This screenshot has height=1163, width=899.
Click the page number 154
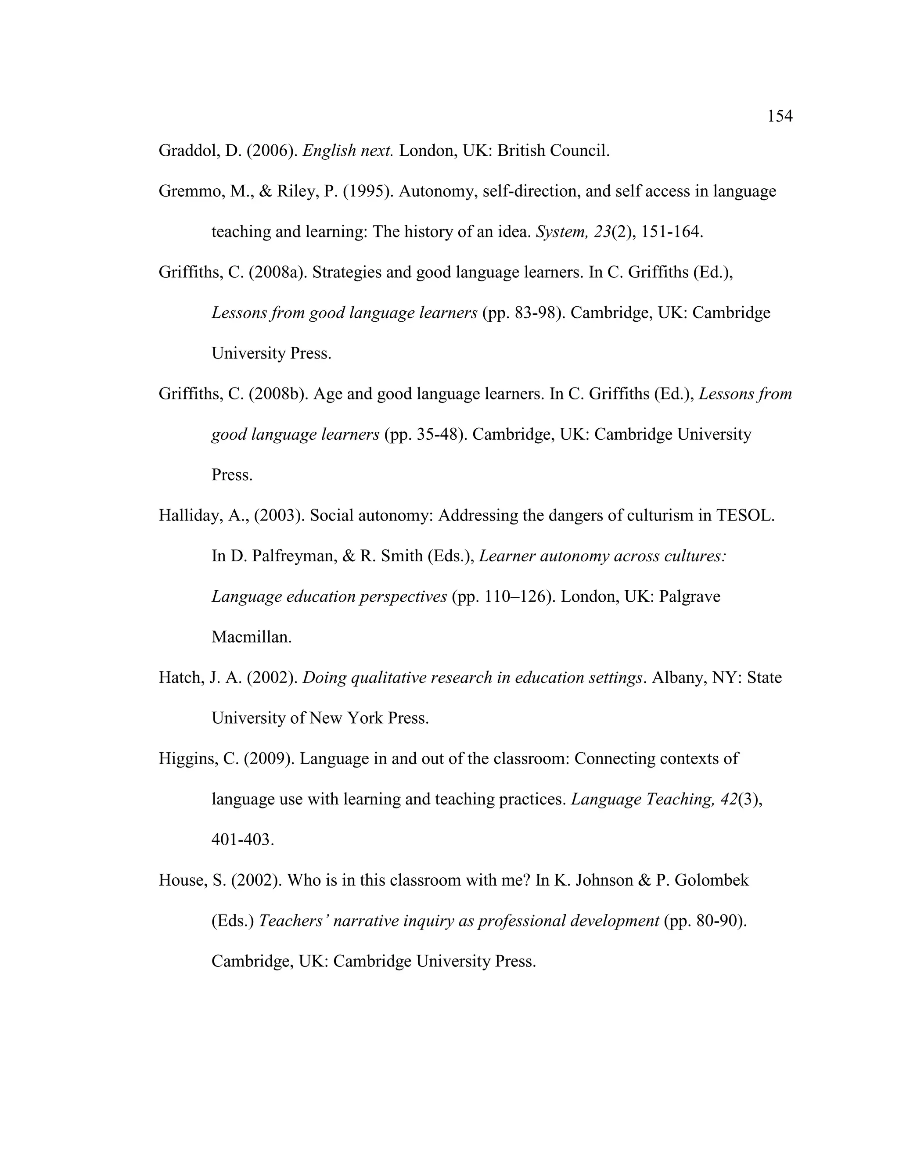tap(779, 116)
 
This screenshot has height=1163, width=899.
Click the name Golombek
tap(711, 880)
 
